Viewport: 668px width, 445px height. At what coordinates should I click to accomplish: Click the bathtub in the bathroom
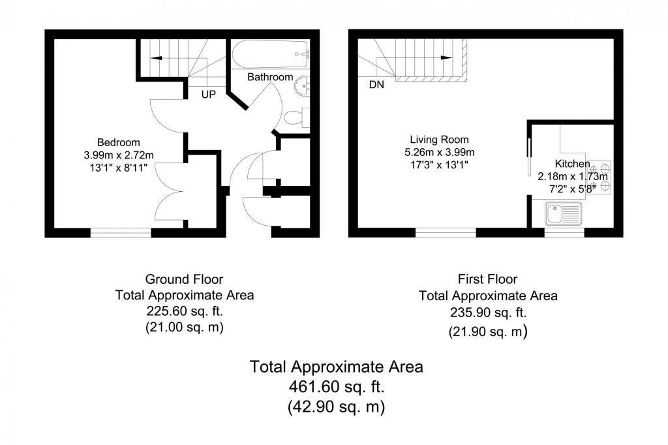coord(271,54)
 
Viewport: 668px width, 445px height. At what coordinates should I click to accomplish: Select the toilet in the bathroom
coord(297,117)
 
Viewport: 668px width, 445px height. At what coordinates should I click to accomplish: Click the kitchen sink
coord(563,213)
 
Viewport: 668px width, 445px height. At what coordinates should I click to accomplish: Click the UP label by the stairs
coord(208,94)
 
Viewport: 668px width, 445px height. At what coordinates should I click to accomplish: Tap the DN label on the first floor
coord(376,85)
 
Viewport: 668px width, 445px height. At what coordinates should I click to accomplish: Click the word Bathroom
coord(270,77)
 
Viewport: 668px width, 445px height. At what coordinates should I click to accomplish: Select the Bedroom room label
coord(119,142)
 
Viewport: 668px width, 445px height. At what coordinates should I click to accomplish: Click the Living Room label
coord(439,140)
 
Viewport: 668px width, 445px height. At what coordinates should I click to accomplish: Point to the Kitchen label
coord(572,164)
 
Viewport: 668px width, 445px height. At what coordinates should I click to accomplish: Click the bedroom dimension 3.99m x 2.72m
coord(119,155)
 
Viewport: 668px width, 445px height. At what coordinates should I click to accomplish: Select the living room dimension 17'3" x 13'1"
coord(439,164)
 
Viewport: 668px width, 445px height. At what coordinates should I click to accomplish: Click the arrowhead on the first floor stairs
coord(446,57)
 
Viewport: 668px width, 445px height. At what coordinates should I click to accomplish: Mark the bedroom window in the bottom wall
coord(121,233)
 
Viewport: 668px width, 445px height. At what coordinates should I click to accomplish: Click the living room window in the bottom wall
coord(446,233)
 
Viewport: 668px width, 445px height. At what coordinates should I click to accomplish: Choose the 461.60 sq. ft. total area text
coord(337,387)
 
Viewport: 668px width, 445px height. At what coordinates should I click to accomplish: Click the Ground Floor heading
coord(184,279)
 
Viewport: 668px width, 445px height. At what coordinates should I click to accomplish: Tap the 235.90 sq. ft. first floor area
coord(488,313)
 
